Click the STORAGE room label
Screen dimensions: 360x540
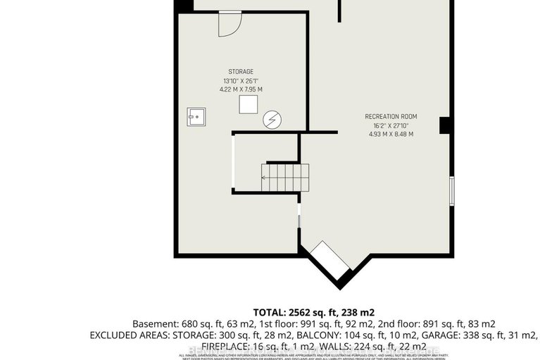coord(241,71)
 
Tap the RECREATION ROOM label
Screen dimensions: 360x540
coord(391,116)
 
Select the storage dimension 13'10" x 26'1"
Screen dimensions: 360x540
coord(241,80)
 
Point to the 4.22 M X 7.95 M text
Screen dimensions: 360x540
coord(241,89)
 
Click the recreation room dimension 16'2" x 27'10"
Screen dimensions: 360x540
coord(391,125)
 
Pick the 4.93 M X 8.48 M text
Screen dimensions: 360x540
coord(391,134)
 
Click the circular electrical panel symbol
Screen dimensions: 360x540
coord(272,120)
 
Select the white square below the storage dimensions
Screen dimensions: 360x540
coord(248,104)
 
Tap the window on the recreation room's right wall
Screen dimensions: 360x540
coord(451,189)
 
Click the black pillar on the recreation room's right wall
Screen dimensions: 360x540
coord(445,125)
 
